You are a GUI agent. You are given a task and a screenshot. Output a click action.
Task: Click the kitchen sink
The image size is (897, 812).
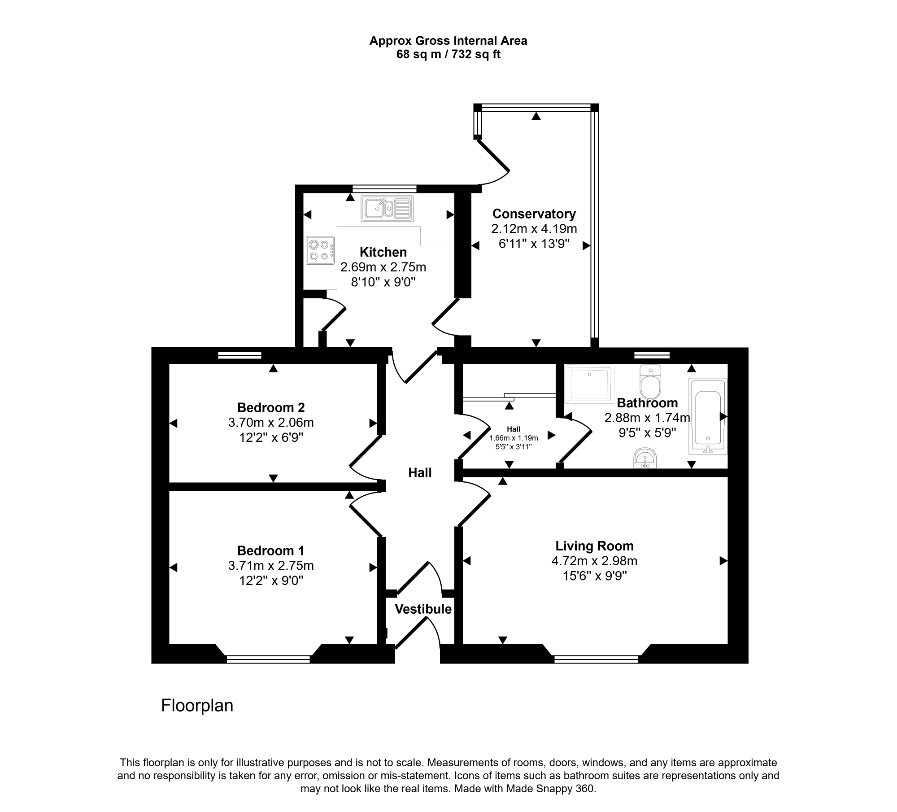(x=387, y=208)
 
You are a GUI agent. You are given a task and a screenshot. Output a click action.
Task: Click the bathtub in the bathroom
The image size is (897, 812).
(x=708, y=417)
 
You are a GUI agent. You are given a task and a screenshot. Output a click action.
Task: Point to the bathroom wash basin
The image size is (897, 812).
(x=645, y=458)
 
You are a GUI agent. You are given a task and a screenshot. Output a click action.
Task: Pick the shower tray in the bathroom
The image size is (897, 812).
(x=590, y=384)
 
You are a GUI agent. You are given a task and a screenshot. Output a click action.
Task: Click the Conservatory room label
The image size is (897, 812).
(x=534, y=214)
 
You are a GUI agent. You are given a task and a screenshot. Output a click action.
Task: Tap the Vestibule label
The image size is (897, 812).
(x=423, y=609)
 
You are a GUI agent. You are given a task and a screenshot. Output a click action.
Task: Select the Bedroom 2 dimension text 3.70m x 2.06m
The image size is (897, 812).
(x=271, y=423)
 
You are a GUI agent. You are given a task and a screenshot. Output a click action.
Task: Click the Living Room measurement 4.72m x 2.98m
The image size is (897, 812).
(x=594, y=561)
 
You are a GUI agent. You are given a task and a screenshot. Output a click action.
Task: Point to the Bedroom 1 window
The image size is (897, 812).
(x=268, y=659)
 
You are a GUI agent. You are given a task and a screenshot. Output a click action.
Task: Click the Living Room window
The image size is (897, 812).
(x=596, y=659)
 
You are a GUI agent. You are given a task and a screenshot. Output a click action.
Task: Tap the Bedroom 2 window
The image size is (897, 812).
(x=239, y=355)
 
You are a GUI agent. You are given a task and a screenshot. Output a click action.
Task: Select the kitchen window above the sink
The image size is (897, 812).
(x=384, y=189)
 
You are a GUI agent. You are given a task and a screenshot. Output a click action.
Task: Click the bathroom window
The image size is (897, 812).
(x=652, y=355)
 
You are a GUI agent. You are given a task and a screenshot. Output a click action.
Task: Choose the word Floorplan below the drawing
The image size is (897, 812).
(x=197, y=706)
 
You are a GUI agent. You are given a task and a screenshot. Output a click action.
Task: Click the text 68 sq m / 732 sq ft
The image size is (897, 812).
(x=448, y=55)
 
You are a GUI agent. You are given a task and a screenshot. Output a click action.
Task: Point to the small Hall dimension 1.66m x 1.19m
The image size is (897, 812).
(x=514, y=438)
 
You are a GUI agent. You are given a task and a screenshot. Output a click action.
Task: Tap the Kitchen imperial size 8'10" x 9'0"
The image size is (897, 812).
(x=383, y=282)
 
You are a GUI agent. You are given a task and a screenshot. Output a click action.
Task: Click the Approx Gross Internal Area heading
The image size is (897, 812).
(x=448, y=41)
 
